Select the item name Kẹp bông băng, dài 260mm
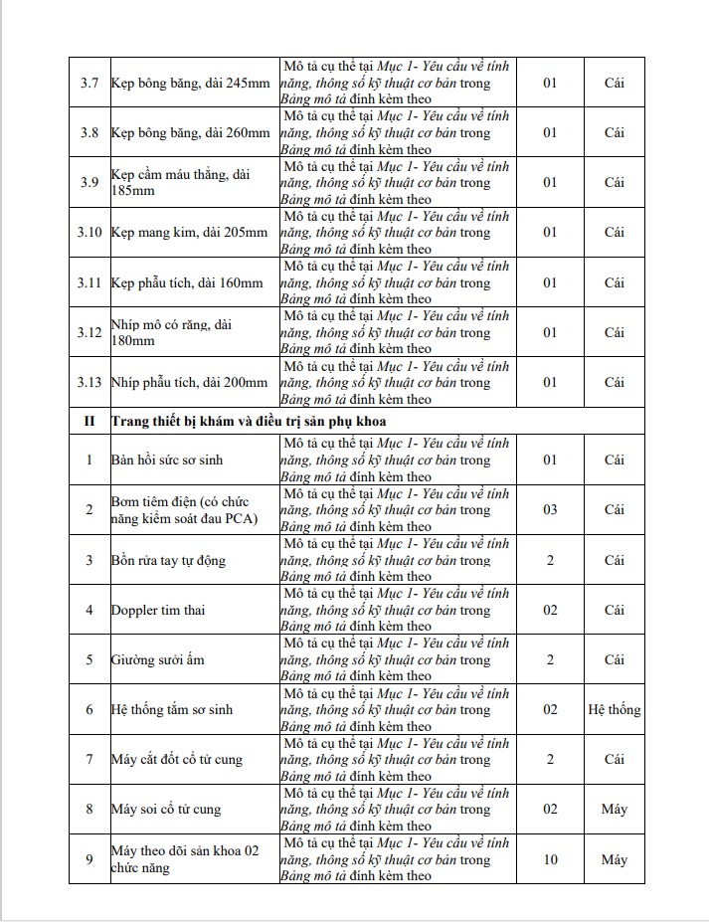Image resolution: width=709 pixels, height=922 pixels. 191,132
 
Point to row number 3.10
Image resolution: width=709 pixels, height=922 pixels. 89,233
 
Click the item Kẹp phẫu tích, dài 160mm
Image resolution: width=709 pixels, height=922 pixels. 187,282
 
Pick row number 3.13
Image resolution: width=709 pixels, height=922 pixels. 89,382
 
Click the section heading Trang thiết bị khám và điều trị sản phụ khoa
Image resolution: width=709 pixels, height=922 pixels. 249,421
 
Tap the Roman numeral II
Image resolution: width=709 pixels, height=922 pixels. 89,421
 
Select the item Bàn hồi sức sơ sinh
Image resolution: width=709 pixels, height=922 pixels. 170,460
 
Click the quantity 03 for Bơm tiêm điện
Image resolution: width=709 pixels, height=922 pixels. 550,509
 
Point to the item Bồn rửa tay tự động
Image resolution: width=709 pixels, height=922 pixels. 168,560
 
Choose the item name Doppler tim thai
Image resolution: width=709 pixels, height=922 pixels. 158,610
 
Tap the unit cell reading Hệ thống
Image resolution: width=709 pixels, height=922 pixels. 615,710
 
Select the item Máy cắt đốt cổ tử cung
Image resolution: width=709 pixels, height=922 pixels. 177,760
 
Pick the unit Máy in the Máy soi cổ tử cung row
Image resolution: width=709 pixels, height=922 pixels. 615,810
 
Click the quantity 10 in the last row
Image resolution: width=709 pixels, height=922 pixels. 550,859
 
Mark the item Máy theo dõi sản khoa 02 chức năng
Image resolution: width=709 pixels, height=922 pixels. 185,859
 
